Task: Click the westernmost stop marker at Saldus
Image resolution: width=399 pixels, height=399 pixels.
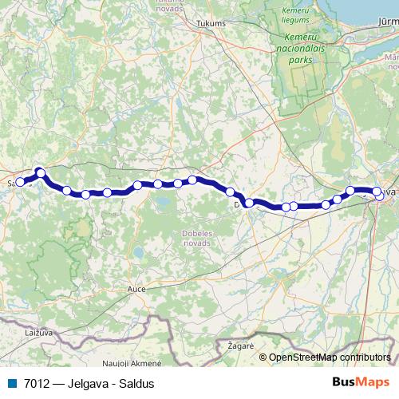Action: [20, 182]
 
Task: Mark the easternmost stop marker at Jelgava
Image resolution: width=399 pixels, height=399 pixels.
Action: [377, 192]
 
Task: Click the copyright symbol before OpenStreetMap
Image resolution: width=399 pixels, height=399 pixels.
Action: [263, 358]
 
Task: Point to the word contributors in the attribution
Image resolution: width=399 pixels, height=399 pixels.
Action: [365, 358]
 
